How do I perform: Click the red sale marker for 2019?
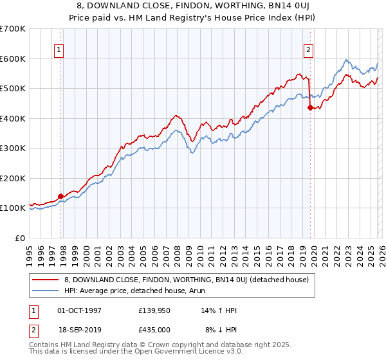click(x=310, y=108)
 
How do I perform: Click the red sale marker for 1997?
click(x=61, y=196)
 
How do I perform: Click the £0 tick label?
click(x=19, y=238)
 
